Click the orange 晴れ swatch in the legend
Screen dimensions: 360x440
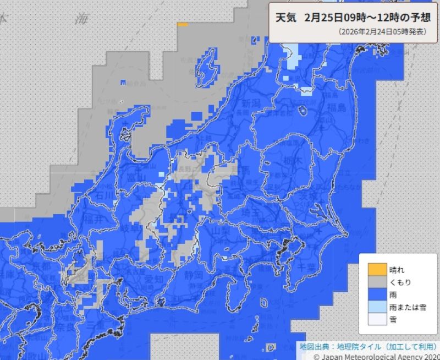(x=377, y=270)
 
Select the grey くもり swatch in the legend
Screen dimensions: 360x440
(x=377, y=282)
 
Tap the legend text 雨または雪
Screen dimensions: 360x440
(x=408, y=307)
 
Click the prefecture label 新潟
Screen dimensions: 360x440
(x=250, y=103)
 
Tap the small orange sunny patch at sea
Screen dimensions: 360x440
(x=183, y=24)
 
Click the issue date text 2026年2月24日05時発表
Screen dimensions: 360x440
(x=382, y=32)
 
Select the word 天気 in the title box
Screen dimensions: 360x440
(x=286, y=17)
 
